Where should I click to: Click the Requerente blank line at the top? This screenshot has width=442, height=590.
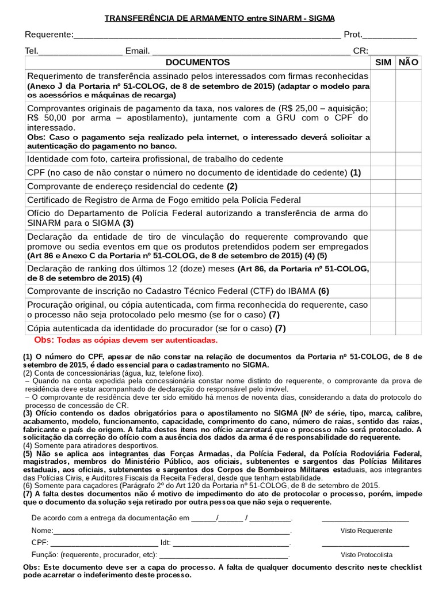tap(207, 36)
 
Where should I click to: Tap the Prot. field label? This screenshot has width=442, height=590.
tap(353, 35)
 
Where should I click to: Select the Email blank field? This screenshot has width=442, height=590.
tap(250, 52)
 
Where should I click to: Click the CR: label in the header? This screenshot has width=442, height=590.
tap(360, 51)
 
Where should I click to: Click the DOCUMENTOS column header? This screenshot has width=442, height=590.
tap(197, 62)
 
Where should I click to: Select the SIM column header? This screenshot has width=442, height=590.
tap(383, 62)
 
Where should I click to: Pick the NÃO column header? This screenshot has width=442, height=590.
tap(408, 62)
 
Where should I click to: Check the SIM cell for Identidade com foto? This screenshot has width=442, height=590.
tap(383, 159)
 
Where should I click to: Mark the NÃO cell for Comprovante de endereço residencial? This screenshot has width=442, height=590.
tap(408, 187)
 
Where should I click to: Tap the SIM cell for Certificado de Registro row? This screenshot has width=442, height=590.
tap(383, 201)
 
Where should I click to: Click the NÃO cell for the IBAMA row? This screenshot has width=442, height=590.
tap(408, 291)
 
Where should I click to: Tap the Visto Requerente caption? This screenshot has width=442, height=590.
tap(366, 531)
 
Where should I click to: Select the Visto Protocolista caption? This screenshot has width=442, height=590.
tap(366, 555)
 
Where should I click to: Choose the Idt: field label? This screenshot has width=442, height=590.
tap(166, 543)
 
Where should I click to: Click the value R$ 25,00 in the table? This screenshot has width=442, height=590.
tap(295, 108)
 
